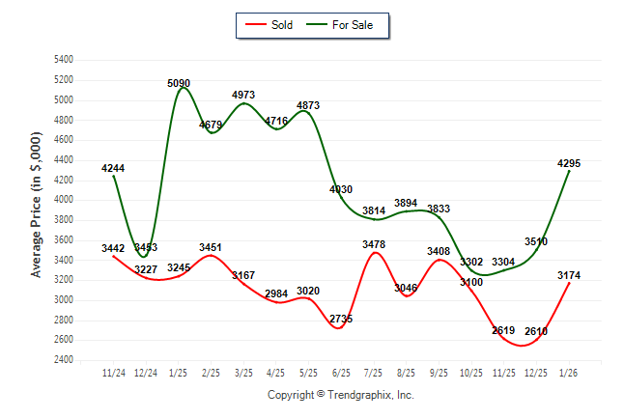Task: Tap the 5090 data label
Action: pos(179,84)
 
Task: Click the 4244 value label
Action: pos(113,168)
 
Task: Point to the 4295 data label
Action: pos(569,163)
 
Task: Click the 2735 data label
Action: pos(341,319)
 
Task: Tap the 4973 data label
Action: pos(243,94)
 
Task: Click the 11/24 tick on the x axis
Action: pos(114,372)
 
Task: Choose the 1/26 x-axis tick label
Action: pos(569,372)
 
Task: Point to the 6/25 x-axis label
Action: pos(341,372)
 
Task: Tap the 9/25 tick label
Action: pos(439,372)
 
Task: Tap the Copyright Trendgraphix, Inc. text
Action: pos(340,395)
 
